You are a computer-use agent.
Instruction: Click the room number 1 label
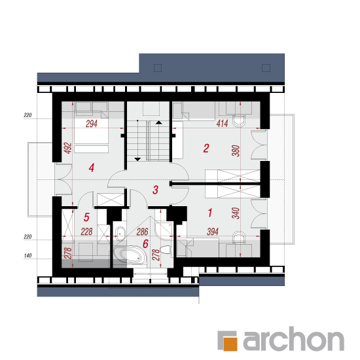click(x=210, y=213)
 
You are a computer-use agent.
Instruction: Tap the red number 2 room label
click(x=206, y=149)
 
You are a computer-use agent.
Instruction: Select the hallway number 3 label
click(x=155, y=190)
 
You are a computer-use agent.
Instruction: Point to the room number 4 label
click(x=92, y=168)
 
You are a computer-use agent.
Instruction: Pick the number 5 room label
click(x=86, y=217)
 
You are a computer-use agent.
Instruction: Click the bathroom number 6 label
click(x=145, y=243)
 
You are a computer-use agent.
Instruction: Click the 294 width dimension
click(x=92, y=124)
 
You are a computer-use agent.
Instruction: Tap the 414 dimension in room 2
click(x=222, y=124)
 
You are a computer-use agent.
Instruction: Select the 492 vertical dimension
click(x=68, y=149)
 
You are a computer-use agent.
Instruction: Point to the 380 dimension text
click(x=236, y=151)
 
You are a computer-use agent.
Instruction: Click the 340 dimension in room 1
click(x=236, y=213)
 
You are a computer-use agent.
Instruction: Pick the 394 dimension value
click(x=213, y=232)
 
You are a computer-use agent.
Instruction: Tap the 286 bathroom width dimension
click(x=142, y=232)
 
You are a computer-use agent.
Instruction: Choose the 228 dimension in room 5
click(x=86, y=232)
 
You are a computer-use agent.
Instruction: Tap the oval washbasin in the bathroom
click(x=120, y=233)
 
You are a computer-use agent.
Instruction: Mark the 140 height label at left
click(x=27, y=255)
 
